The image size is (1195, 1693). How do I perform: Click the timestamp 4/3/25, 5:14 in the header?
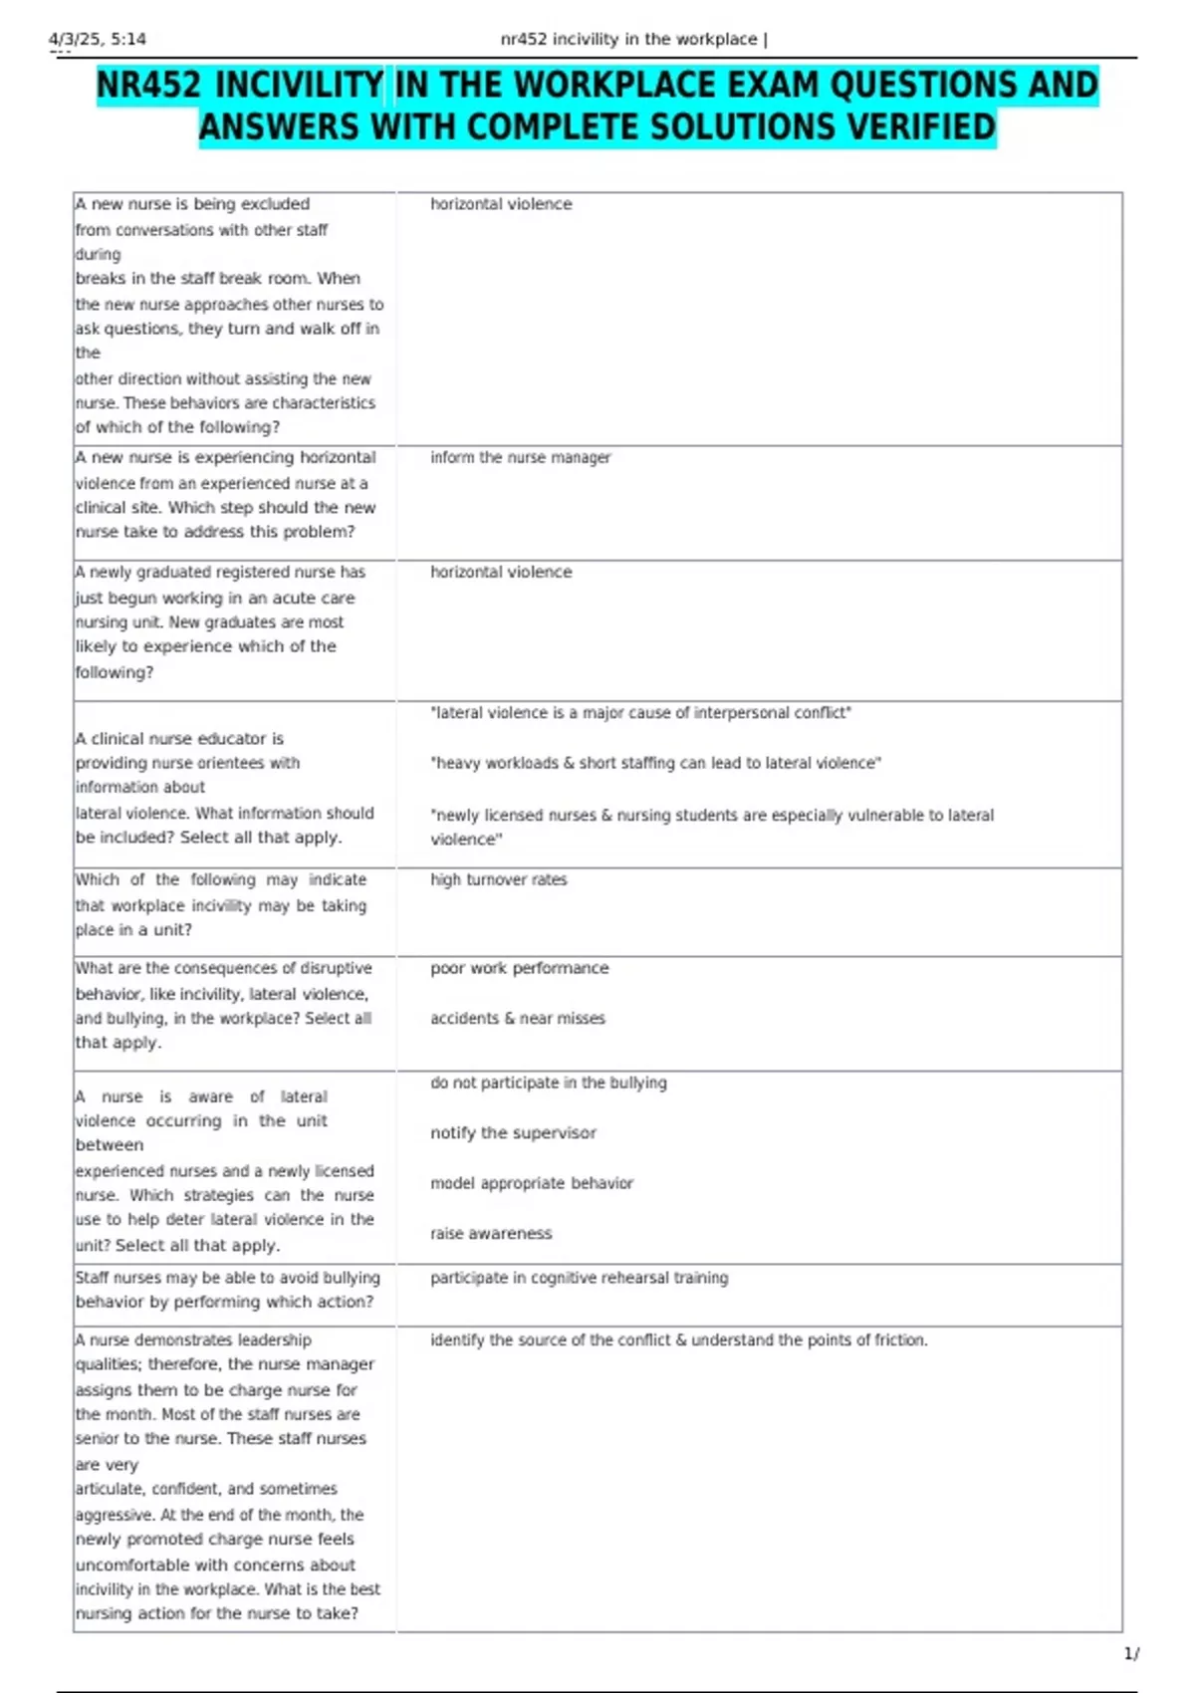coord(98,40)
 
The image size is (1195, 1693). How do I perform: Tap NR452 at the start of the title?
coord(149,86)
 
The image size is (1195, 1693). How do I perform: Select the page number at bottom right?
coord(1131,1654)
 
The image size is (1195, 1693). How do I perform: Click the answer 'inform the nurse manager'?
coord(520,457)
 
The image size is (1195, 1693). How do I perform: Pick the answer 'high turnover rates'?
coord(498,879)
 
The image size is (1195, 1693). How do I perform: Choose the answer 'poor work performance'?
coord(519,968)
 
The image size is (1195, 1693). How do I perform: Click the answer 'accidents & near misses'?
coord(517,1018)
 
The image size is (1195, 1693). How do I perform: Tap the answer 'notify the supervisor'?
coord(513,1132)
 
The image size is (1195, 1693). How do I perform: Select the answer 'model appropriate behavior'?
coord(531,1183)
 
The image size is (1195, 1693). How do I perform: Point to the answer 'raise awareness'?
coord(490,1233)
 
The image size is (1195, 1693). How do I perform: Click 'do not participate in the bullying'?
coord(548,1083)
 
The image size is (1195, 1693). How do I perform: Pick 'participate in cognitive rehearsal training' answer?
coord(579,1278)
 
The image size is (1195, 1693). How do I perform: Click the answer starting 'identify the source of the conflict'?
coord(678,1340)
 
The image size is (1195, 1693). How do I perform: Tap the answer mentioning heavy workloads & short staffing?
coord(655,763)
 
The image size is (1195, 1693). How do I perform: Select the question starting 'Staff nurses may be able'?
coord(227,1290)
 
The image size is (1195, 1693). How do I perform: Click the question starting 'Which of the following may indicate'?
coord(221,904)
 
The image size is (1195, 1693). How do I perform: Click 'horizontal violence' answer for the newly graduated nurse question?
coord(501,572)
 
